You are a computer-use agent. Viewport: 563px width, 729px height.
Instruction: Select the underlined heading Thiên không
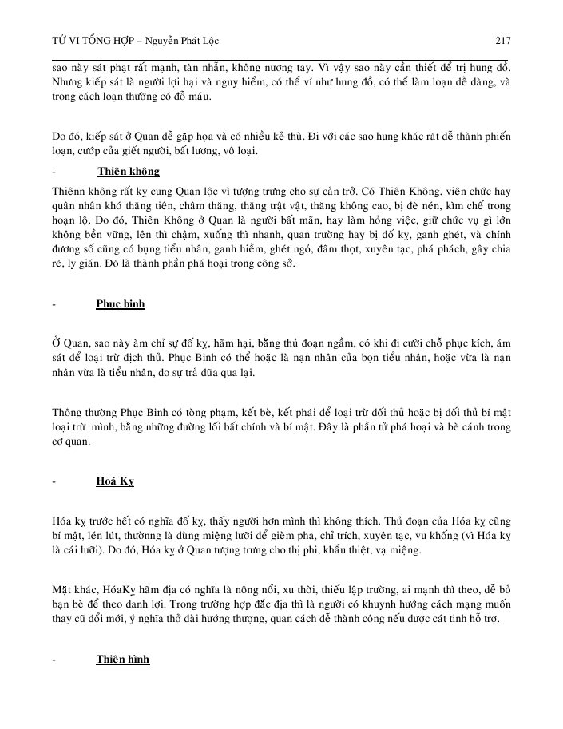coord(128,172)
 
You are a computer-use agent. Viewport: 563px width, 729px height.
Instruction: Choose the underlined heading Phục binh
coord(121,304)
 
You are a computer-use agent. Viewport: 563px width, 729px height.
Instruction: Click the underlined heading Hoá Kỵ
coord(115,482)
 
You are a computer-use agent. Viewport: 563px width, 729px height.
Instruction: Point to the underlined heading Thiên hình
coord(123,660)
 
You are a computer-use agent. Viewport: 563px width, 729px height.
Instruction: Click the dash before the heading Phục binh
coord(54,304)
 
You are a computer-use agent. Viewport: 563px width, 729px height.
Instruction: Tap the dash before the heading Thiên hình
coord(54,660)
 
